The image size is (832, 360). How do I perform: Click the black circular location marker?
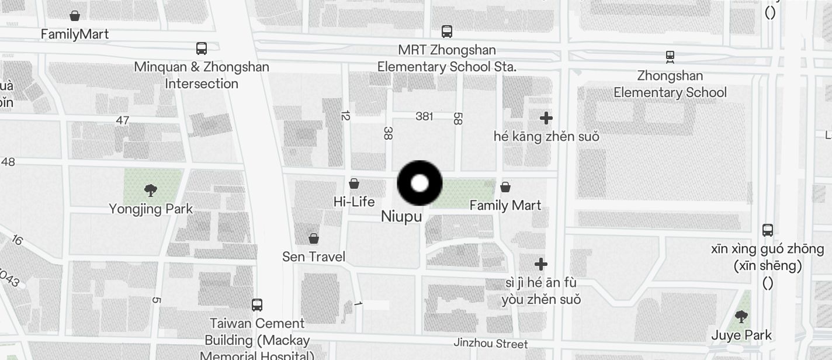420,183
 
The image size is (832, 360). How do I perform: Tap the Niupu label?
401,216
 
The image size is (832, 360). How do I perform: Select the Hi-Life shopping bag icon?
354,184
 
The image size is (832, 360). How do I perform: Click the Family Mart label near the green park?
505,205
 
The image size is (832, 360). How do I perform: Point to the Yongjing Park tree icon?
151,190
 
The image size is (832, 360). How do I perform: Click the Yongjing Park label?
151,209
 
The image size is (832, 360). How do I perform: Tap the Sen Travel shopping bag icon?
314,238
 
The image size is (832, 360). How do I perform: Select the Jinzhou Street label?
491,344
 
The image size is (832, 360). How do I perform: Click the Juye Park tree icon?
741,317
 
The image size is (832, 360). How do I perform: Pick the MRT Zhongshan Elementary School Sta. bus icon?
447,32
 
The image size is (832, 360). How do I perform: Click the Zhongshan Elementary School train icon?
670,57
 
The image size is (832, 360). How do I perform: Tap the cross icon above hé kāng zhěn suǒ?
546,118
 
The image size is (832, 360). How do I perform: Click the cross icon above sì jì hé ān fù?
541,264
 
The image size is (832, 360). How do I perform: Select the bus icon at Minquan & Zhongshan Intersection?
202,49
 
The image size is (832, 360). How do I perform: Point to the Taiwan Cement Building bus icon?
257,304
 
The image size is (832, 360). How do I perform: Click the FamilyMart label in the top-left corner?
75,34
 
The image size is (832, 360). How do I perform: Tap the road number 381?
424,116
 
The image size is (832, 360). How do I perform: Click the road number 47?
122,120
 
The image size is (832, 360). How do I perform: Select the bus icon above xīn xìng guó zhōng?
768,230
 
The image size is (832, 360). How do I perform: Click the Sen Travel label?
314,257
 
